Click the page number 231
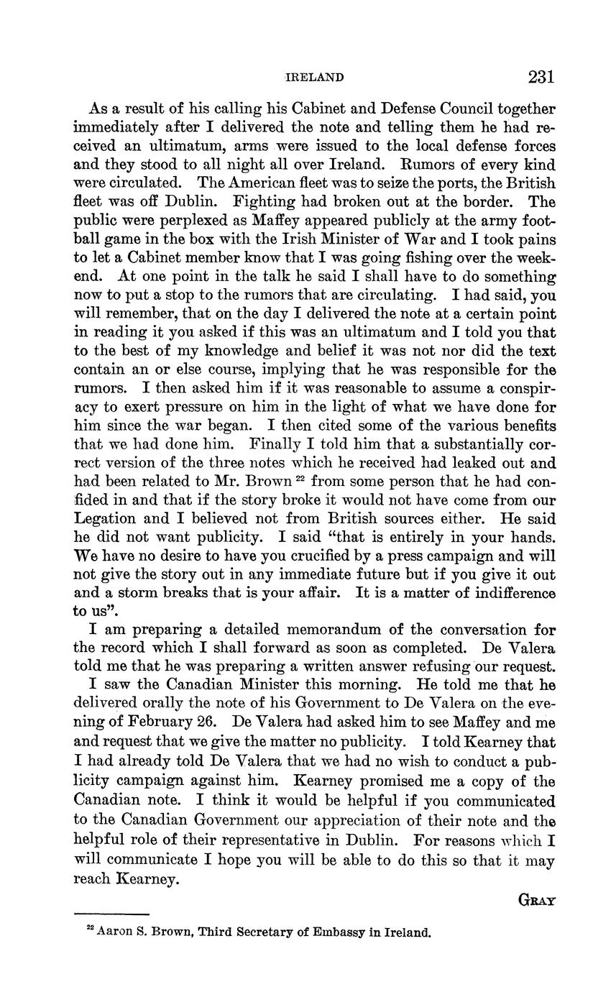click(541, 77)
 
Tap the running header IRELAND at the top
click(315, 78)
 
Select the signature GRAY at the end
click(536, 900)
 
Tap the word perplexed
click(166, 221)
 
